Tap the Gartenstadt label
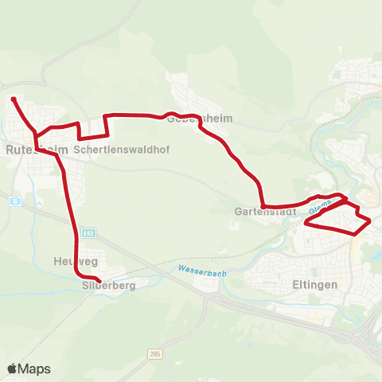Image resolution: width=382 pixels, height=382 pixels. click(x=266, y=212)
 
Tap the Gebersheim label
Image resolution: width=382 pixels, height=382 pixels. click(x=200, y=118)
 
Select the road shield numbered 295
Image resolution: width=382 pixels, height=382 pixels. click(x=154, y=353)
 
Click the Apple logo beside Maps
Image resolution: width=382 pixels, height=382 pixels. click(x=12, y=368)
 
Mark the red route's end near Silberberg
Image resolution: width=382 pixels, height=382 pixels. click(x=97, y=279)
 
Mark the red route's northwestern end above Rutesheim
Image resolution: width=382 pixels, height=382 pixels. click(x=14, y=99)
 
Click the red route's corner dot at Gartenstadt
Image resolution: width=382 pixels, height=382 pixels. click(x=262, y=205)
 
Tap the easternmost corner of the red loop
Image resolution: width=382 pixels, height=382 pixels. click(x=370, y=220)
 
